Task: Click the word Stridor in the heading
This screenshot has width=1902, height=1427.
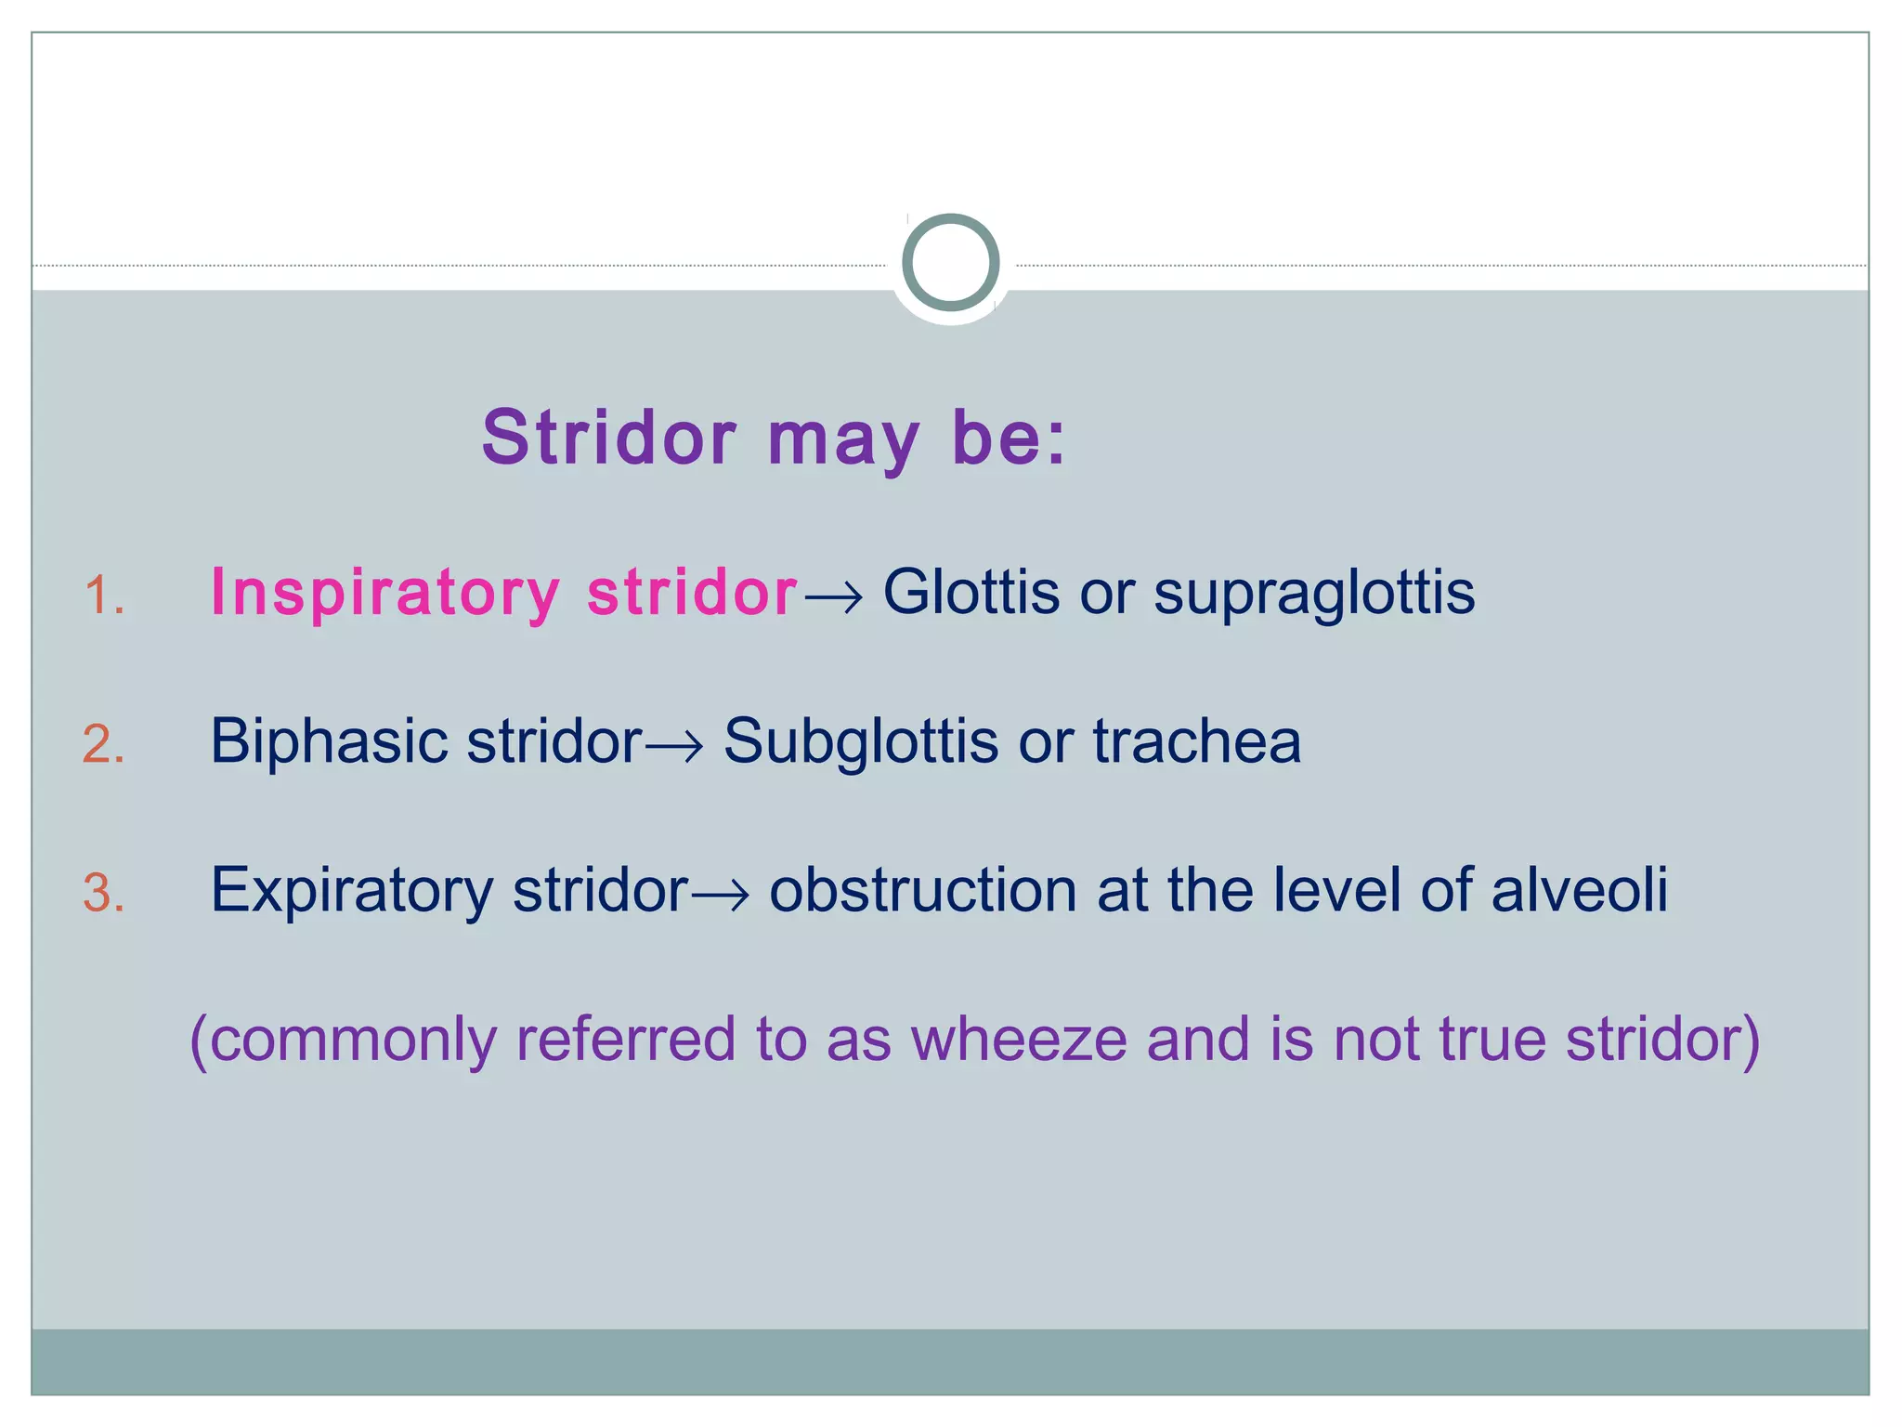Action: [609, 438]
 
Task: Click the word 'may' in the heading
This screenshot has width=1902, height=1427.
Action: [843, 441]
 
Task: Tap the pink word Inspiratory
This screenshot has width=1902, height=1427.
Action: [385, 594]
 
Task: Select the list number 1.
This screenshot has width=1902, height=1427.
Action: [103, 596]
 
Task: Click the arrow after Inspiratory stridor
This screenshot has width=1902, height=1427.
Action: [833, 596]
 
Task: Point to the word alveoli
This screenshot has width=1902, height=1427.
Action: [1579, 890]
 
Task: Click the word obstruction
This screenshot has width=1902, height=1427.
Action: [922, 890]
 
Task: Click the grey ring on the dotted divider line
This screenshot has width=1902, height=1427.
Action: [950, 262]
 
